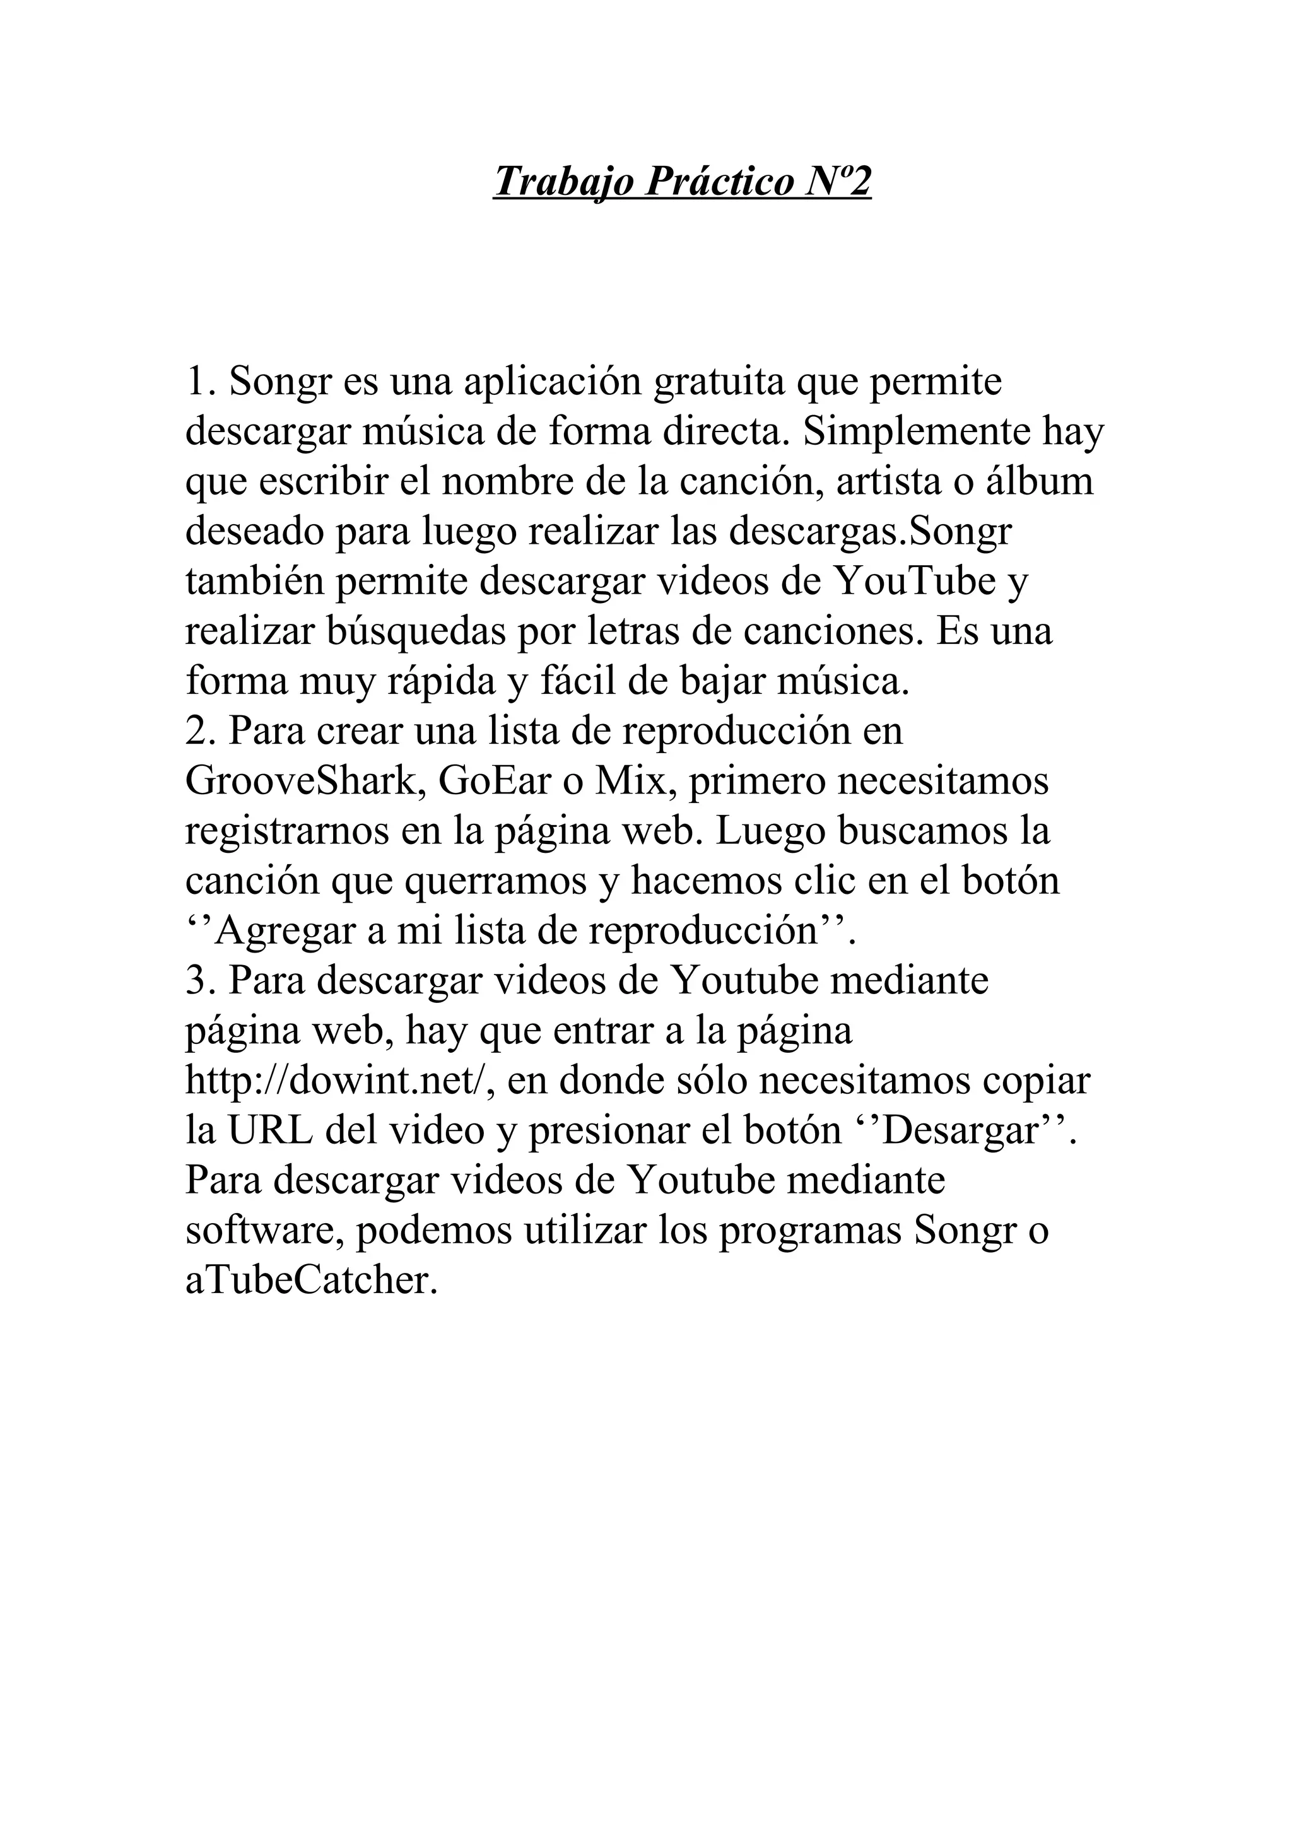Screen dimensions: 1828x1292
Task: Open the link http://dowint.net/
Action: (339, 1081)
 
